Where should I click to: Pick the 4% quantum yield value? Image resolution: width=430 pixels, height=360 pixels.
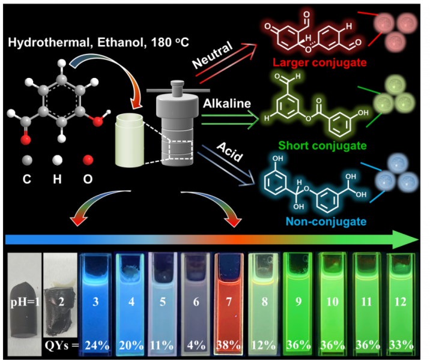click(196, 346)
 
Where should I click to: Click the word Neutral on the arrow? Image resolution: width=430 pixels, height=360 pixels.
click(211, 58)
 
